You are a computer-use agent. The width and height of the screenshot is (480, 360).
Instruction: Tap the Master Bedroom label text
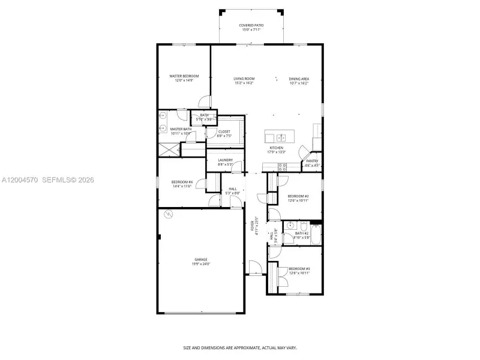tap(184, 76)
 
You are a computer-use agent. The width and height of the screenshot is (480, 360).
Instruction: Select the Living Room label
tap(244, 79)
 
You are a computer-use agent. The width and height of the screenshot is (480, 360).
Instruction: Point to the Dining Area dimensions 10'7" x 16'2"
tap(299, 83)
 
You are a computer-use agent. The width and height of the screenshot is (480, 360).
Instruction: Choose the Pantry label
tap(312, 161)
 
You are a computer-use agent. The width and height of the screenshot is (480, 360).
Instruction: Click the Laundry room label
tap(225, 160)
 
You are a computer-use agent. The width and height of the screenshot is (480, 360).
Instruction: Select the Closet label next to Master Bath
tap(224, 131)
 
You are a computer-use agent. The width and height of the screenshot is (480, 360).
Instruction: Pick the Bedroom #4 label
tap(181, 182)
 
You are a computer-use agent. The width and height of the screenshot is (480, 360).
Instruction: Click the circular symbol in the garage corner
tap(168, 214)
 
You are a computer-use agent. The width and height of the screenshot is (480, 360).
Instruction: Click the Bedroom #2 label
tap(298, 196)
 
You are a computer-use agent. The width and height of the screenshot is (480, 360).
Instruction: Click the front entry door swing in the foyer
tap(255, 265)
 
